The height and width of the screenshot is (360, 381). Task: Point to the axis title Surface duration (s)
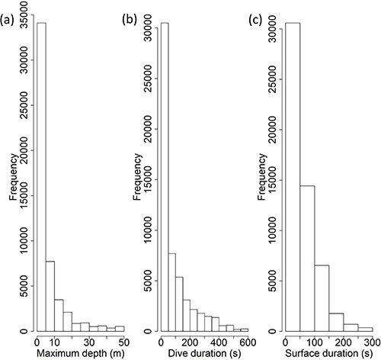click(x=329, y=352)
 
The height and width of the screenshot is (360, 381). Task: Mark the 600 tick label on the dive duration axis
click(x=247, y=342)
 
